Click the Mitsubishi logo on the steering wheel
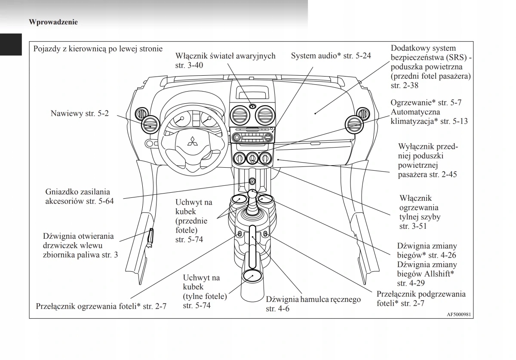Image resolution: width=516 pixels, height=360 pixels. coord(191,141)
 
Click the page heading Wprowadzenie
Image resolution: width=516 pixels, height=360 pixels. coord(53,22)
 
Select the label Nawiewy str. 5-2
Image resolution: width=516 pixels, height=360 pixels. coord(80,114)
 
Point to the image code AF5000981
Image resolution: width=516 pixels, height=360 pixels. coord(459,314)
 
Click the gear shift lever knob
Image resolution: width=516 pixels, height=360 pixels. coord(253,194)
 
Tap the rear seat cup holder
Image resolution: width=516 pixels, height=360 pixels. coord(252,276)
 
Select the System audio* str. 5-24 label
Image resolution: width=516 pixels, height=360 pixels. coord(331,55)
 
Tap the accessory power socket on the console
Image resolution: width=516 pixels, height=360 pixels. coord(252,182)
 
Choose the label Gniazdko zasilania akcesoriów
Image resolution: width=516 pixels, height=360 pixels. coord(79,196)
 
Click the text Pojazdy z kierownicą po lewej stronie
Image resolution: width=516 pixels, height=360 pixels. coord(98,49)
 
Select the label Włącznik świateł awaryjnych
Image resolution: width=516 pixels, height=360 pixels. coord(225,56)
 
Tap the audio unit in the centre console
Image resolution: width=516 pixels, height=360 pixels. coord(252,138)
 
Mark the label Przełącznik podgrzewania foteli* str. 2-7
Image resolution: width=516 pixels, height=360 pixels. coord(421,299)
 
